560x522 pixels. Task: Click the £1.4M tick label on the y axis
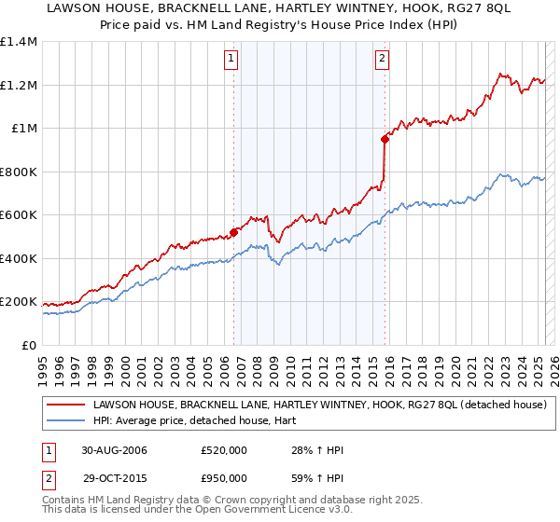tap(19, 42)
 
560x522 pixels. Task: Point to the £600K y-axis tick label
tap(19, 215)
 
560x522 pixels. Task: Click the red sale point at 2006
tap(234, 233)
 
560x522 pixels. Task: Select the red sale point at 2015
tap(385, 140)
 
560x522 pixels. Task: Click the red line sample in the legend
tap(65, 405)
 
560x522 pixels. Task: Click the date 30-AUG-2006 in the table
tap(114, 450)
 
